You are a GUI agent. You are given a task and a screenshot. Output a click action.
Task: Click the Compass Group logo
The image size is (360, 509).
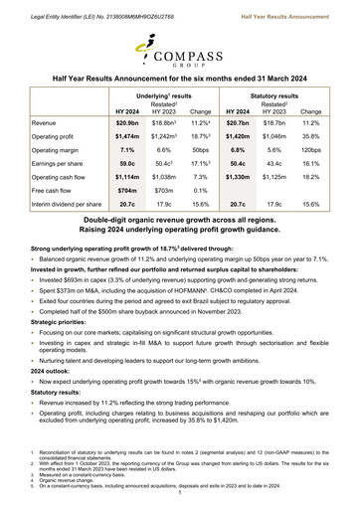pos(179,46)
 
